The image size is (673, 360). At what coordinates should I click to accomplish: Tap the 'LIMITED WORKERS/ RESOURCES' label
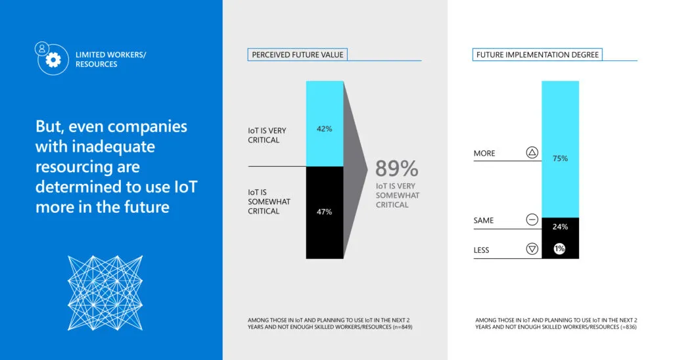(110, 59)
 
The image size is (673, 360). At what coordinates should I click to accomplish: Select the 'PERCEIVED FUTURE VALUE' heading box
(298, 55)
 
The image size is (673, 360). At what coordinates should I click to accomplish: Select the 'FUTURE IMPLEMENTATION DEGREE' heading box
(537, 55)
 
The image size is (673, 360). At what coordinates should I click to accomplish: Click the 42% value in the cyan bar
(324, 129)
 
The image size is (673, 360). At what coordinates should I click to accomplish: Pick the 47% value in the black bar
(324, 212)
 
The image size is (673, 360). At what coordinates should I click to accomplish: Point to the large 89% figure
(396, 169)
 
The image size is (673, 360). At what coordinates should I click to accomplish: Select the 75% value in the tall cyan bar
(560, 158)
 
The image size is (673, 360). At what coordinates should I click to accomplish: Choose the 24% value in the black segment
(560, 227)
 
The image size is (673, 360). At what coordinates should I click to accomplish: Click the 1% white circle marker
(559, 249)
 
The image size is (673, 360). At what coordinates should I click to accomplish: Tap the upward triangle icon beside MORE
(532, 153)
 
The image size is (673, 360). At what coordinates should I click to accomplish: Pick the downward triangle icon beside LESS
(532, 249)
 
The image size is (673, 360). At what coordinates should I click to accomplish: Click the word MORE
(484, 154)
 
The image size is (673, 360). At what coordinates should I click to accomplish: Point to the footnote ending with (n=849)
(329, 323)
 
